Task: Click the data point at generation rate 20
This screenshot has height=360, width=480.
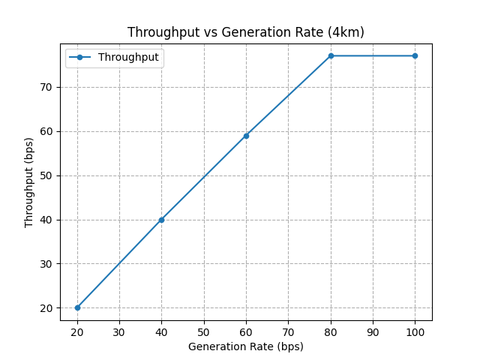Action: tap(77, 307)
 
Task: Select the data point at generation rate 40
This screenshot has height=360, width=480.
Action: tap(161, 220)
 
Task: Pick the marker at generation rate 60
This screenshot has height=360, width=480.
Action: tap(246, 136)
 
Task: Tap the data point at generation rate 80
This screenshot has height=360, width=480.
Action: tap(331, 55)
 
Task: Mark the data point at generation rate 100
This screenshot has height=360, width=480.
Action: tap(415, 55)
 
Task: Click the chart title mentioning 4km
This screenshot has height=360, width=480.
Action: tap(246, 32)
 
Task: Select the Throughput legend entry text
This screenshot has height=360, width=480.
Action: tap(128, 58)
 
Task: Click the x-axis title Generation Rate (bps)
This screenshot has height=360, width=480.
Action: tap(246, 346)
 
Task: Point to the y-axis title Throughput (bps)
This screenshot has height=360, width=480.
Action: tap(29, 183)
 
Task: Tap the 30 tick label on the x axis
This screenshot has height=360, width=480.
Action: tap(119, 331)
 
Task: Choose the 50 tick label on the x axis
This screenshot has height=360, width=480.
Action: tap(204, 331)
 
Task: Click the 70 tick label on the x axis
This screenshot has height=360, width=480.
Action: tap(288, 331)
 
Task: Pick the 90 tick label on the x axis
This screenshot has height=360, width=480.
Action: tap(373, 331)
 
